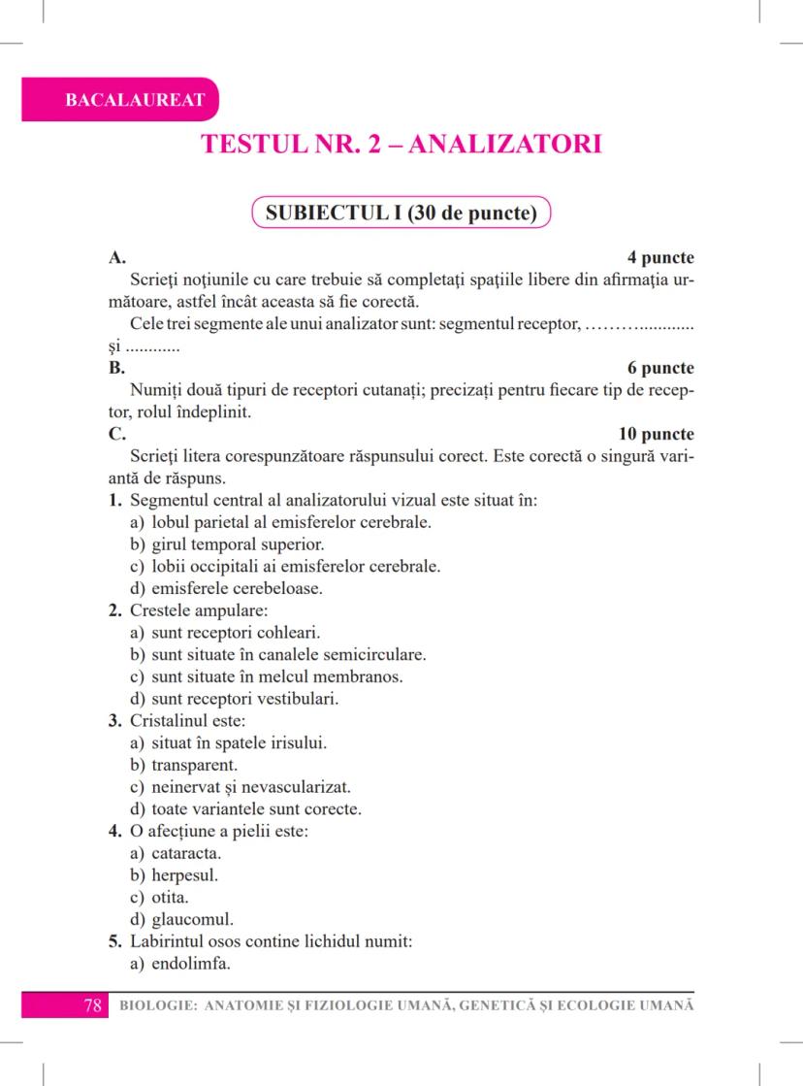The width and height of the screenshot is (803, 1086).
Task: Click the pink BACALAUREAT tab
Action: (x=121, y=100)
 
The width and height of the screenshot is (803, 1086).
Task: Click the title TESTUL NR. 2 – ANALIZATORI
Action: (x=401, y=145)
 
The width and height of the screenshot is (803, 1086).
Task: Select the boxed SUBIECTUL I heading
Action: (x=401, y=213)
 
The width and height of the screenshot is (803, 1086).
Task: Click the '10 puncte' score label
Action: (x=657, y=434)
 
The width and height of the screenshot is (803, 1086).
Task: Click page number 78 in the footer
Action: (x=93, y=1005)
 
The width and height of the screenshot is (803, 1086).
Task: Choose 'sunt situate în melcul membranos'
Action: (x=276, y=676)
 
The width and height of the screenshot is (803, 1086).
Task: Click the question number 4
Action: (x=114, y=832)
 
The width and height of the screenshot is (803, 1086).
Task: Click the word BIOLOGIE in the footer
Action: (x=154, y=1005)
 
